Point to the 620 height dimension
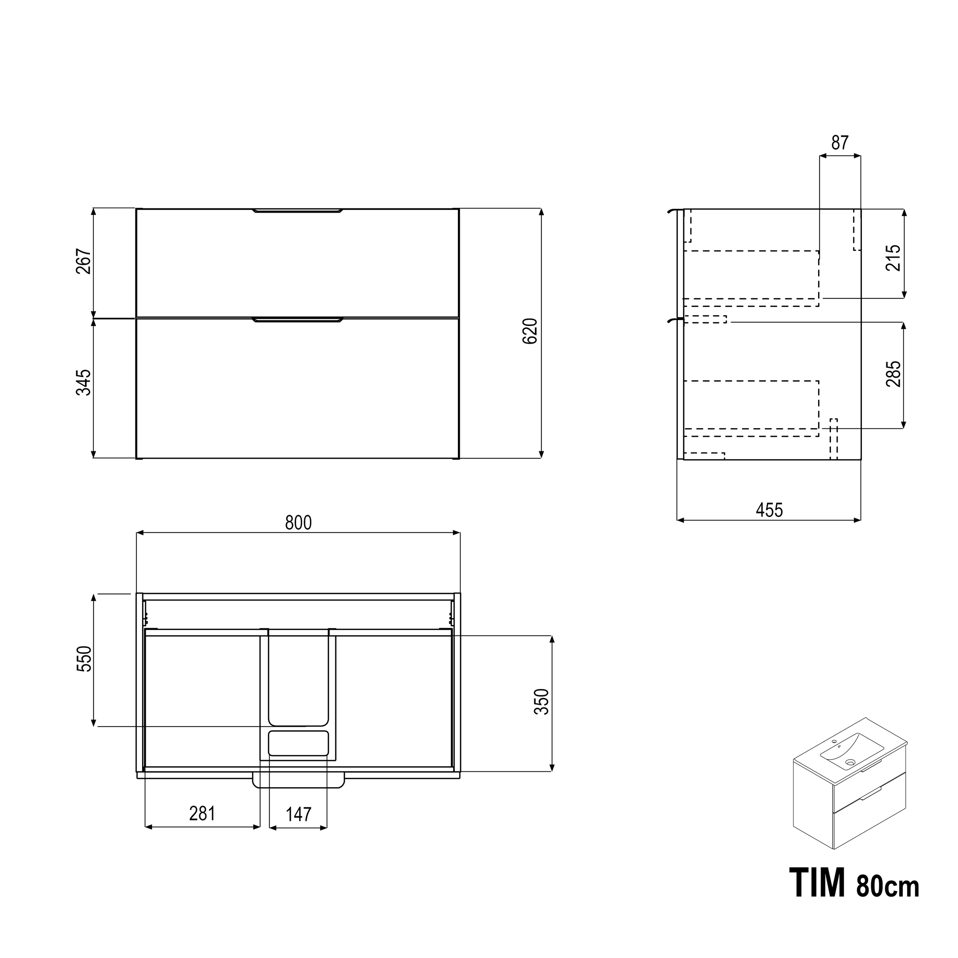(530, 331)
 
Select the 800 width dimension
(299, 523)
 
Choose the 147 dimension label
(299, 814)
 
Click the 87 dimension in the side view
(840, 143)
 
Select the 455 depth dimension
(769, 510)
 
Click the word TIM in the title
(817, 883)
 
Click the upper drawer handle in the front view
(297, 211)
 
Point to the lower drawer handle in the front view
(297, 320)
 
